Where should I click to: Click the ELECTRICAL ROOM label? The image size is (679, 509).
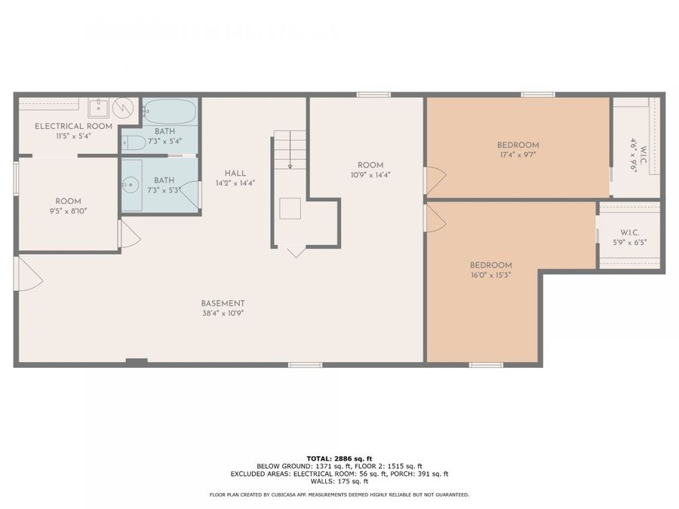73,127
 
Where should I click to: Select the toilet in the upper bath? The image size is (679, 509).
134,142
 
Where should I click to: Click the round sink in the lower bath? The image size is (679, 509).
130,186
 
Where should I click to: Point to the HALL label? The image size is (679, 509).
235,173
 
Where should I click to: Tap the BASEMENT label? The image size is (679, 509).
223,303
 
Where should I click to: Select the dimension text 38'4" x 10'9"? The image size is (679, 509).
223,314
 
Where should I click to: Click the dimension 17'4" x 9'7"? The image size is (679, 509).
518,155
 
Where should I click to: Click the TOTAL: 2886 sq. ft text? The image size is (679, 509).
339,458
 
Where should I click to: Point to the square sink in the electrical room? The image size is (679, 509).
99,108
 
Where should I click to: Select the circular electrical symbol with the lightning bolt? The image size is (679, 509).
123,108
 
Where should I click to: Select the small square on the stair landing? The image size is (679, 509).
290,209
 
